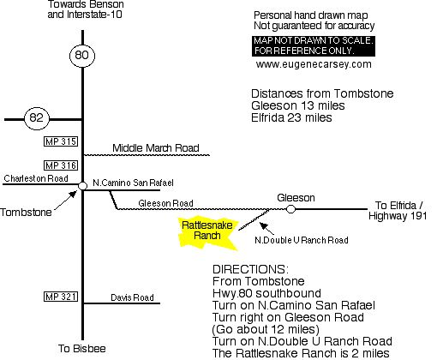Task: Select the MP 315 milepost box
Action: (61, 141)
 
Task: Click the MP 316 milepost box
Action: (61, 165)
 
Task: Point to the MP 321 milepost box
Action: (61, 297)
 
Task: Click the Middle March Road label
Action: (156, 148)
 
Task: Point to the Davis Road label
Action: (132, 297)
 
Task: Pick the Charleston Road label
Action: (36, 178)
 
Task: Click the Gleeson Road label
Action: (165, 203)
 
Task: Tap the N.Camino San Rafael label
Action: (133, 183)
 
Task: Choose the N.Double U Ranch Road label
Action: (302, 240)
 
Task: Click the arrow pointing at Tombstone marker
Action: (66, 200)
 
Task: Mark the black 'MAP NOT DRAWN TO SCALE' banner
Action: (314, 45)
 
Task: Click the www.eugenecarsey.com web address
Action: (314, 64)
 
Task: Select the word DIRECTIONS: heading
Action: (250, 269)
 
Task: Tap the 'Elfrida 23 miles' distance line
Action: (291, 117)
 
